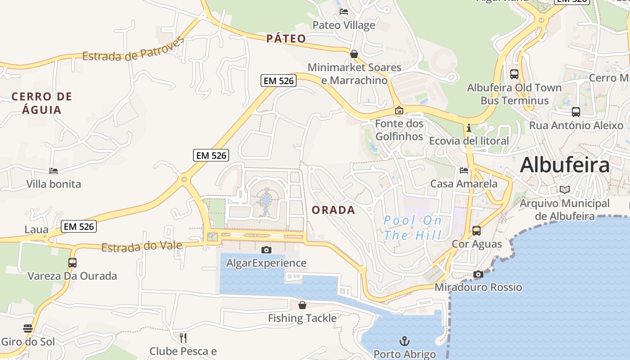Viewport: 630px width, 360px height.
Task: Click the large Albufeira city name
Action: coord(565,165)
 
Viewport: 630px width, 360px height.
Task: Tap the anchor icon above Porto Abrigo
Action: coord(405,341)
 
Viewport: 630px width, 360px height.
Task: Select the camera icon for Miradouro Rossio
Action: coord(478,274)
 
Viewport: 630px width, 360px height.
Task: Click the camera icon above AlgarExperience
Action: coord(266,250)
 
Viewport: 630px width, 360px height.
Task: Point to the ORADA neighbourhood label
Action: coord(333,210)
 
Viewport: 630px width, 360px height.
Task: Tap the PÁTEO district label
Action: coord(286,39)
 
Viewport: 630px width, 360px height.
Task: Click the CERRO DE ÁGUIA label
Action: coord(42,103)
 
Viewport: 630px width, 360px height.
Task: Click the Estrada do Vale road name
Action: coord(142,247)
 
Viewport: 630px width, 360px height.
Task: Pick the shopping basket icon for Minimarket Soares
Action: coord(354,54)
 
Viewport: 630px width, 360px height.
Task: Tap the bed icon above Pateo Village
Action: coord(344,12)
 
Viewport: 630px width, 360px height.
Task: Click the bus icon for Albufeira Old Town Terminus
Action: coord(514,74)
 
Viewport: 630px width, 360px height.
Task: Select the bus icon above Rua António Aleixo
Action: coord(576,112)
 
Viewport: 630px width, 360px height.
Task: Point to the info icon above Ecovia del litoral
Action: coord(469,128)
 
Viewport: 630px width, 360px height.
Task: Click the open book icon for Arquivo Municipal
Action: coord(564,190)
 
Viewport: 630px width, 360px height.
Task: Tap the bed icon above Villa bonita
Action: coord(54,171)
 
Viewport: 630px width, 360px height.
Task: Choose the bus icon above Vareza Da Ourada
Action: coord(72,262)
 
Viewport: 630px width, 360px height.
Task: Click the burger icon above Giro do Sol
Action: coord(28,328)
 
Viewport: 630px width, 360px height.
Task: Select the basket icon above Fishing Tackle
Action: coord(302,305)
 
